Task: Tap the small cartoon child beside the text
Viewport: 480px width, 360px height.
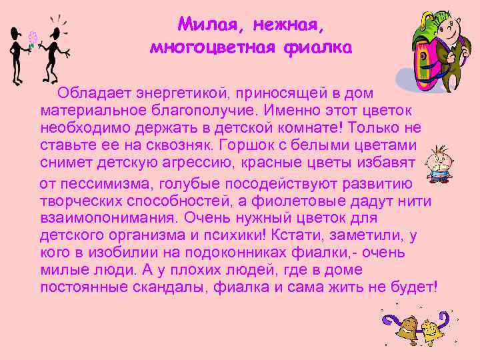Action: tap(437, 164)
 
